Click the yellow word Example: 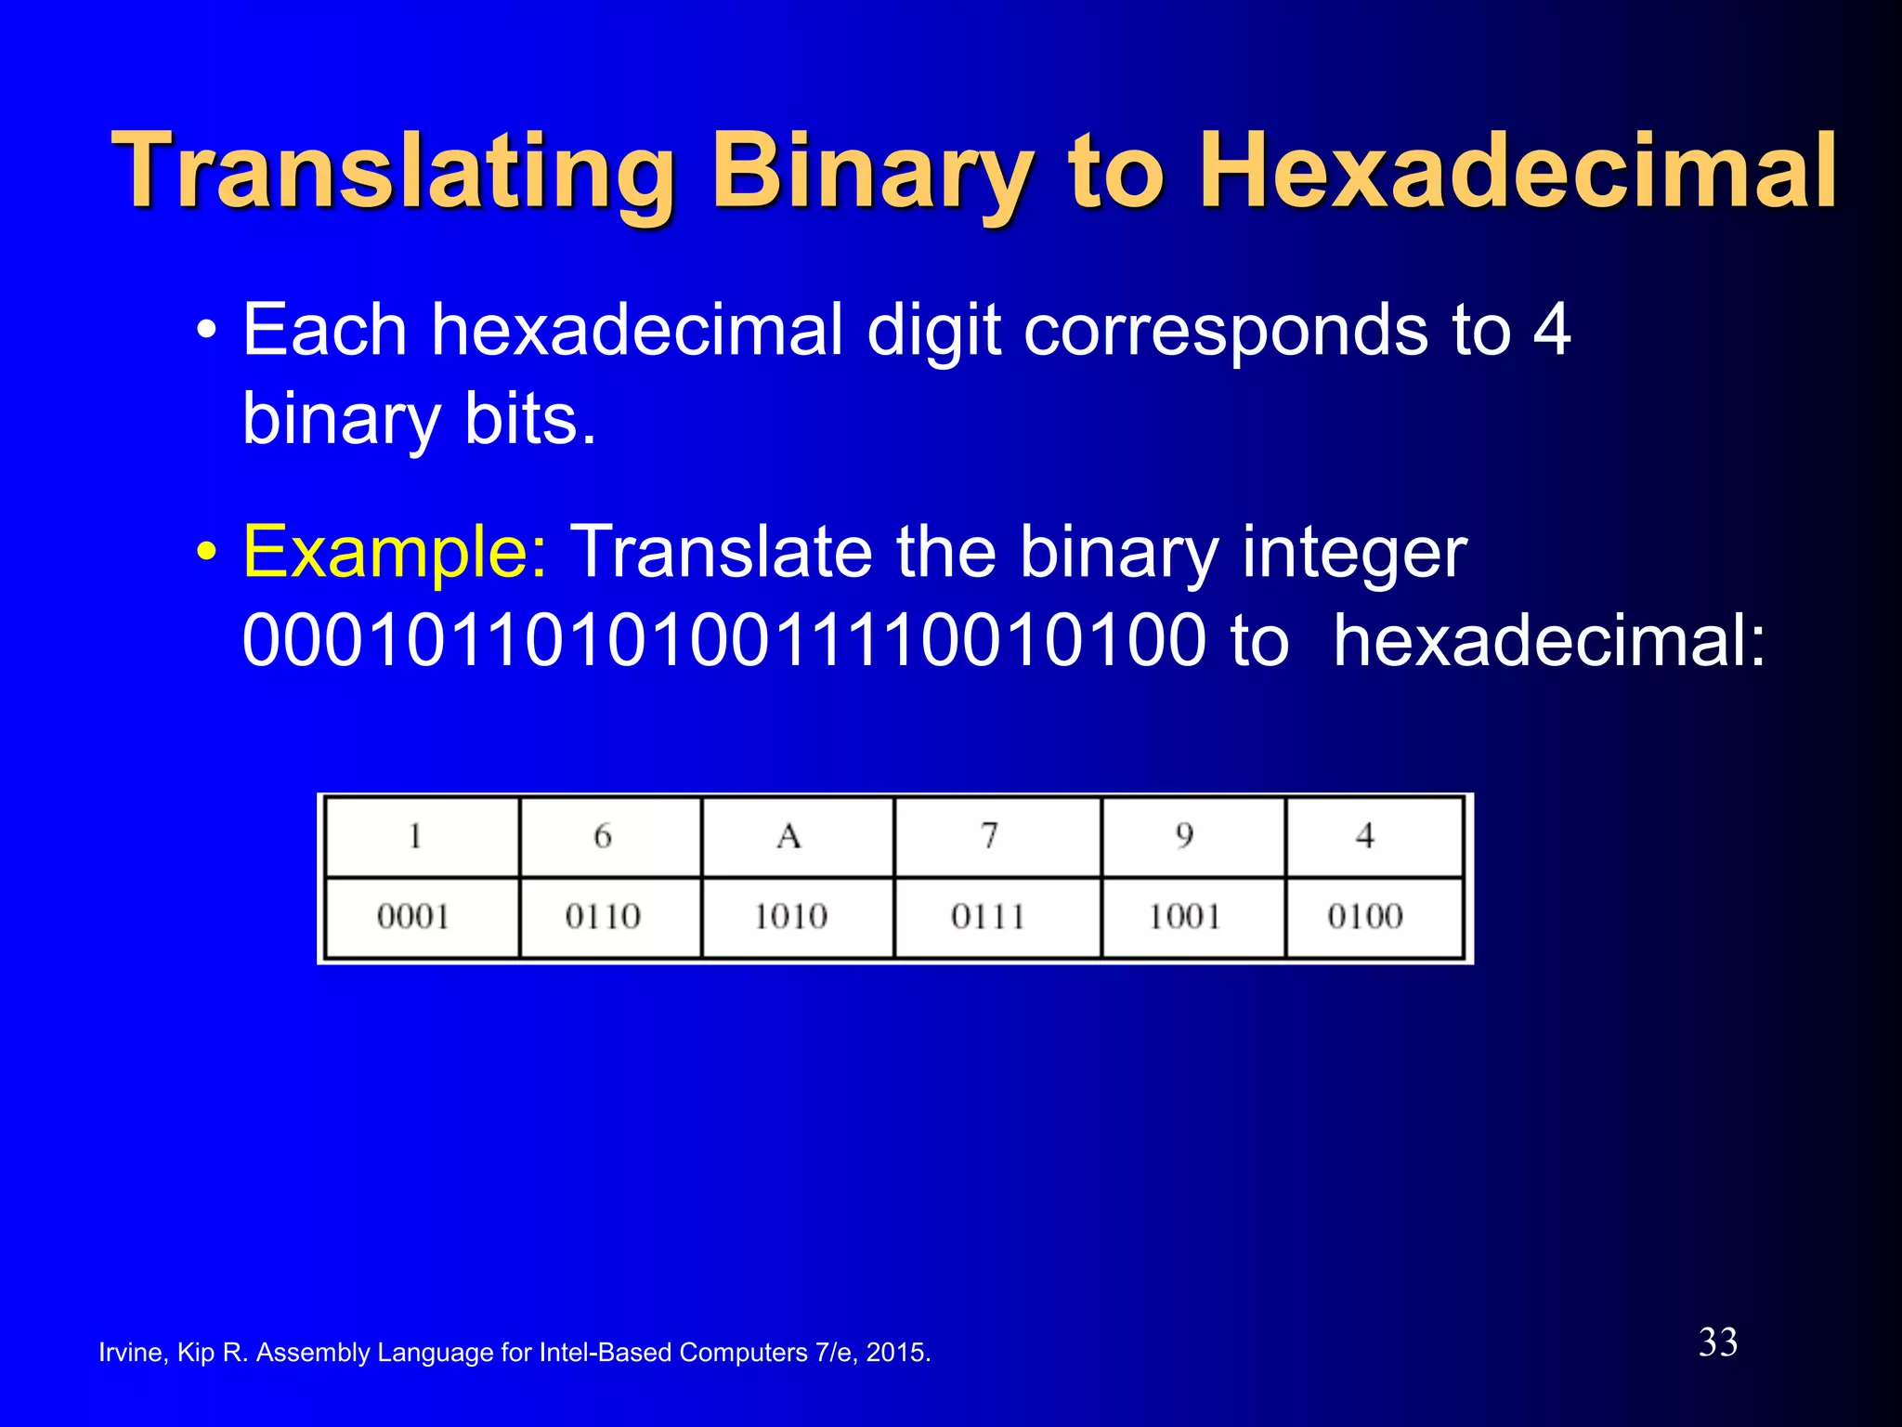click(x=395, y=553)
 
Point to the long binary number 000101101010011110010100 click(x=723, y=642)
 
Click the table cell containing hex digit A click(x=789, y=836)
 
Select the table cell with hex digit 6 click(x=604, y=836)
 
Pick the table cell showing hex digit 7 click(x=990, y=836)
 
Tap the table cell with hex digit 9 click(x=1185, y=836)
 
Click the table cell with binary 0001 click(x=414, y=917)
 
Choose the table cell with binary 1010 click(x=790, y=917)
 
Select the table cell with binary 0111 click(x=988, y=917)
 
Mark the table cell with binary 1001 click(x=1185, y=917)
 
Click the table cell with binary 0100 click(x=1365, y=917)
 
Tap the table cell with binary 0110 click(x=604, y=917)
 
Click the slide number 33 click(x=1717, y=1342)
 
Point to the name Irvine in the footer click(x=131, y=1353)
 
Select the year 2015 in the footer click(x=895, y=1353)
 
